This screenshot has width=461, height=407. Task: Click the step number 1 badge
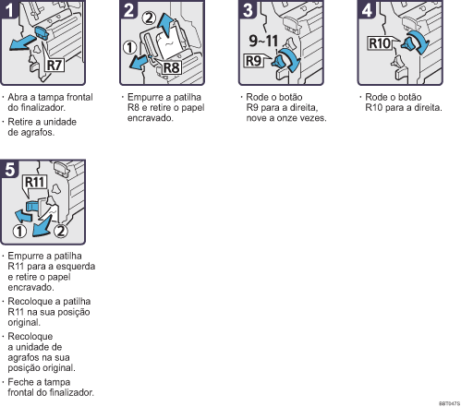9,9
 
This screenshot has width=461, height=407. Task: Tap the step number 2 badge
128,9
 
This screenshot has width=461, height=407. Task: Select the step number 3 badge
248,9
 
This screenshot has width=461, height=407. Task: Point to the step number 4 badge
367,9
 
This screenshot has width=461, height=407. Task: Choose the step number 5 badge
9,169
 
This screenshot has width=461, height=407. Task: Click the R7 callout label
55,66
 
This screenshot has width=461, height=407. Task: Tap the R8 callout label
171,67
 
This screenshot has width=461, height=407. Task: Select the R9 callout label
253,61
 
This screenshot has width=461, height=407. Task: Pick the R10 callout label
380,43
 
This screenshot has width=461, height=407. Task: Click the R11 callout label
35,182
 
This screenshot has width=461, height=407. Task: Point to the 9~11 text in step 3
263,41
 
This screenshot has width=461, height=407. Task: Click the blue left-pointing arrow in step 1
22,42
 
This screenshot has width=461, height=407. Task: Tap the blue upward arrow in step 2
165,24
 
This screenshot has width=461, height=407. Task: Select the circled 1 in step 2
129,48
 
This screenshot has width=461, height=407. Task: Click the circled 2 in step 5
61,231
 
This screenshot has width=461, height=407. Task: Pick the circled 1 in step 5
19,232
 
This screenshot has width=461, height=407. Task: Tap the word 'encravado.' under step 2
151,118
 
